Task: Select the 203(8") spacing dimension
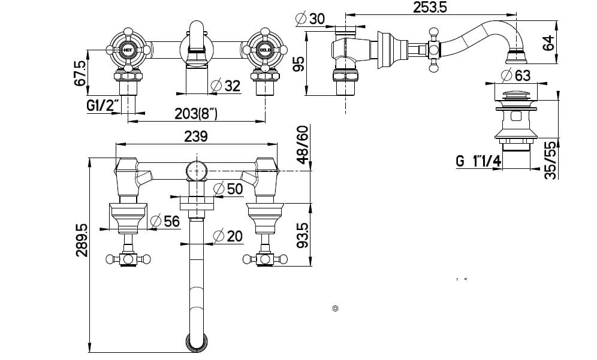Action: click(196, 112)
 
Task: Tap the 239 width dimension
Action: click(196, 136)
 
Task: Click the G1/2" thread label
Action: click(102, 105)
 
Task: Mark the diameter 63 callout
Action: click(515, 76)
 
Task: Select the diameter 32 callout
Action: click(226, 86)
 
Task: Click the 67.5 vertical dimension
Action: click(80, 72)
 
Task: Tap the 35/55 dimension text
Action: click(550, 159)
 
